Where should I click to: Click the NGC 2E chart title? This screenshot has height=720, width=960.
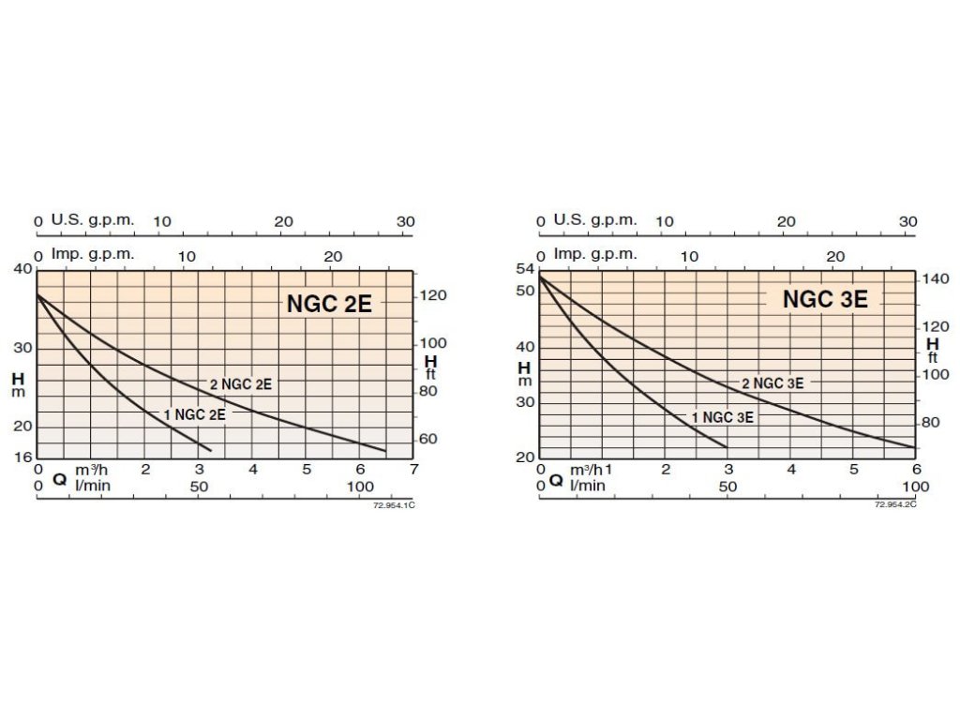point(329,304)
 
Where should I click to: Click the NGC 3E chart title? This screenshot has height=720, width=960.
point(825,299)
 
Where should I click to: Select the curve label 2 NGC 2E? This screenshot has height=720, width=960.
point(240,383)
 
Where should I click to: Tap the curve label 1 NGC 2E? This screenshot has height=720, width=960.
point(194,414)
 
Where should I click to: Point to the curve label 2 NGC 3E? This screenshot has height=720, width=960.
point(772,383)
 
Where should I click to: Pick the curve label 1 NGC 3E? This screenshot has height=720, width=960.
point(722,418)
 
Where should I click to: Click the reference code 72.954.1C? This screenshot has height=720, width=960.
point(394,504)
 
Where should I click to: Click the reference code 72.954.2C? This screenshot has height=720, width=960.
point(895,504)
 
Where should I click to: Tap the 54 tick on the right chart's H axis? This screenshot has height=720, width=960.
point(524,270)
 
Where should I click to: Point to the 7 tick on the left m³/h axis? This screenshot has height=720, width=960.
point(413,469)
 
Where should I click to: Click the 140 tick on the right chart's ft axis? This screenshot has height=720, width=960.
point(937,278)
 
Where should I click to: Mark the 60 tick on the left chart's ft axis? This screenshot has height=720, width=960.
point(427,439)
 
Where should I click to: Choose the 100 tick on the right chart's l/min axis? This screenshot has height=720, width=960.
point(915,487)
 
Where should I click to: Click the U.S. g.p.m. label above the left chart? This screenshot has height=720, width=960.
point(93,220)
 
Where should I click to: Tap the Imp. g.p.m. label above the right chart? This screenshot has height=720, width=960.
point(594,254)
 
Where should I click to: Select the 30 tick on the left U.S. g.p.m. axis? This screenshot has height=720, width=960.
point(405,221)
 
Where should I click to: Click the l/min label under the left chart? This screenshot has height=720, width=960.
point(91,486)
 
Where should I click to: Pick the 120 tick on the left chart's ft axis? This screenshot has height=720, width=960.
point(432,295)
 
